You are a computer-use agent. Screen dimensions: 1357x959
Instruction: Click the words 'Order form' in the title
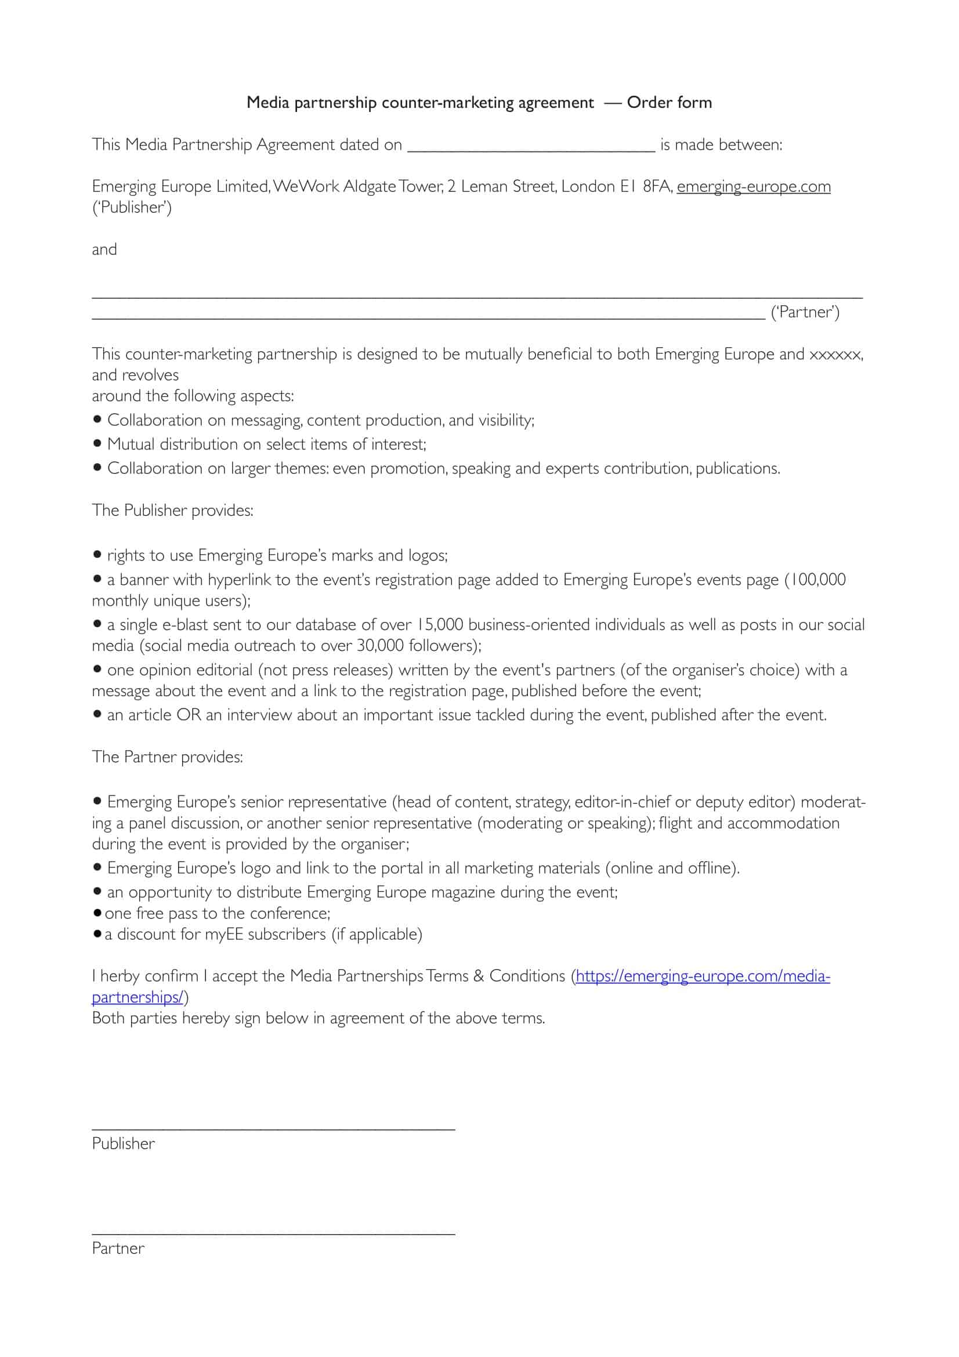[669, 102]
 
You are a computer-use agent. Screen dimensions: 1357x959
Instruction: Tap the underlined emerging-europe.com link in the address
[754, 187]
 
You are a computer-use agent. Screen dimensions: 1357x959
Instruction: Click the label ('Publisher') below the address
[132, 208]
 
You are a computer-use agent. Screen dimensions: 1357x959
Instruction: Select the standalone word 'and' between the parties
[104, 249]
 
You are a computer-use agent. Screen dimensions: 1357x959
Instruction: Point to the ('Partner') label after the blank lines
[805, 312]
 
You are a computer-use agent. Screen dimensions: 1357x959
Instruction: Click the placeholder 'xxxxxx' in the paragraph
[835, 354]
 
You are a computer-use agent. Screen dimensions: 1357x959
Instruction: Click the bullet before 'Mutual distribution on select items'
[97, 443]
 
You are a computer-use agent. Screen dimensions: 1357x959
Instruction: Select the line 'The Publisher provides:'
[172, 510]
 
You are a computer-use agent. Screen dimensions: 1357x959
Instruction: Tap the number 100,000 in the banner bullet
[818, 579]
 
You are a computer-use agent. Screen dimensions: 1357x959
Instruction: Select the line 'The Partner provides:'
[167, 757]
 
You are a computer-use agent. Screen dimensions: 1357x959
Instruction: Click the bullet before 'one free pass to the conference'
[97, 913]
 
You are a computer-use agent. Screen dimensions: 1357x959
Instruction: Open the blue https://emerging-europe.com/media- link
[703, 976]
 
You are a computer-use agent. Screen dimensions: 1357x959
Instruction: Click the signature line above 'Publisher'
[273, 1130]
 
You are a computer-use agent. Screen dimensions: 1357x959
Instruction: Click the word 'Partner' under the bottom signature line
[118, 1249]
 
